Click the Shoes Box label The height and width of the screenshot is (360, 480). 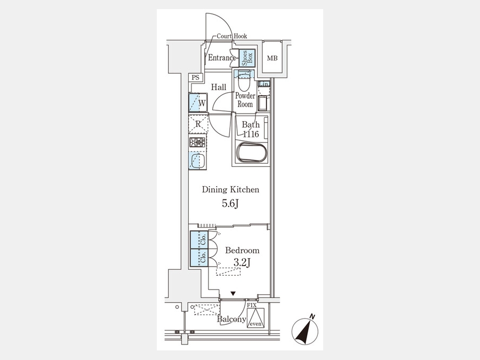coord(247,58)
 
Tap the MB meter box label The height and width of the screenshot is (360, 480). coord(272,58)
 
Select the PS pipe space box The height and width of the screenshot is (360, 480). coord(195,78)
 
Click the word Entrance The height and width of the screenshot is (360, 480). coord(222,58)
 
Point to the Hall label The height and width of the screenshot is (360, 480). coord(219,87)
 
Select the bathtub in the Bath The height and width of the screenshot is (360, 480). coord(252,152)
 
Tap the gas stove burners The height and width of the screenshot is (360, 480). coord(197,142)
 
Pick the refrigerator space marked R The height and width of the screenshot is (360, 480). coord(198,124)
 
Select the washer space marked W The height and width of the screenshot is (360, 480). coord(198,102)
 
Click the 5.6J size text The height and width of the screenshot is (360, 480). coord(230,204)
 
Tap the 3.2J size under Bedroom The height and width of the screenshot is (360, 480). coord(242,262)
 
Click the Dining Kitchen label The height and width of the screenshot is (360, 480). coord(230,189)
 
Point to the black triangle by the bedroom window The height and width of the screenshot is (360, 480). coord(233,294)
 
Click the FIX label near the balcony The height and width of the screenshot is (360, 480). coord(252,305)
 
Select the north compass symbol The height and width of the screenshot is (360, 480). coord(305,330)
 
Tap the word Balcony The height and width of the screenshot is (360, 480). coord(232,319)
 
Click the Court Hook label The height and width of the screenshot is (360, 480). coord(232,36)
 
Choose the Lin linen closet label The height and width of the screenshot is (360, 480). coord(264,84)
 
